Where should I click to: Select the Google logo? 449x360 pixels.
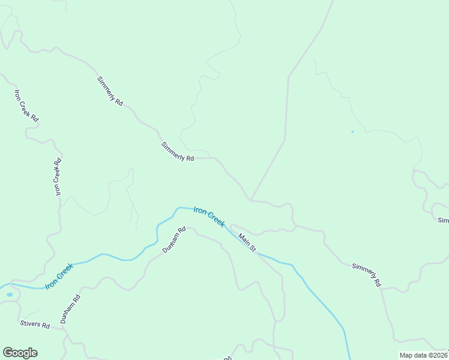(x=20, y=353)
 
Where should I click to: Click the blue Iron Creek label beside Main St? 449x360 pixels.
(x=209, y=217)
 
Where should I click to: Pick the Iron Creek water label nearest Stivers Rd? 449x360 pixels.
(x=59, y=274)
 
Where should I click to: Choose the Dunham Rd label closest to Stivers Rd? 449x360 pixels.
(x=70, y=310)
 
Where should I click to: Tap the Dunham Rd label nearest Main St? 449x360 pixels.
(x=175, y=239)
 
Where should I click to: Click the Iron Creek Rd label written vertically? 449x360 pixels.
(x=58, y=176)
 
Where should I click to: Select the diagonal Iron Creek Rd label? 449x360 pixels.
(x=26, y=106)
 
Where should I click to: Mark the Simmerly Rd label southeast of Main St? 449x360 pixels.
(x=367, y=274)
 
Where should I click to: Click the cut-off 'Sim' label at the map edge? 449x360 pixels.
(x=443, y=220)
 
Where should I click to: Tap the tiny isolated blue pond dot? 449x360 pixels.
(x=352, y=131)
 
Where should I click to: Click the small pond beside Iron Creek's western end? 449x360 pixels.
(x=9, y=295)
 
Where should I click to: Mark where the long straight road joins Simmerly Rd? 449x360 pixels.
(x=250, y=200)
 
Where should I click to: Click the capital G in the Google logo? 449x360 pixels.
(x=8, y=352)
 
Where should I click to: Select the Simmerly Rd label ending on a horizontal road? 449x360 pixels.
(x=178, y=152)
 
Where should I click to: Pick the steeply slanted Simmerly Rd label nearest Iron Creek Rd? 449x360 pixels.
(x=110, y=91)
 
